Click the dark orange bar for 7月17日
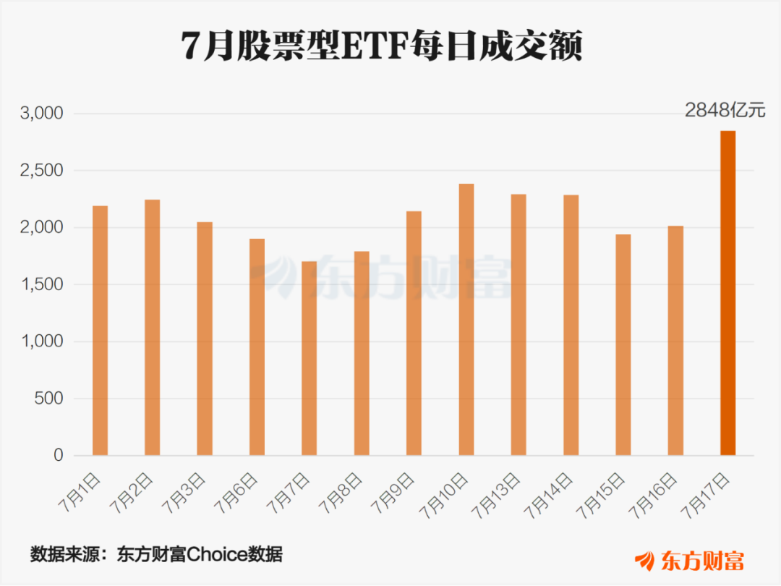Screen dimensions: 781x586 [727, 293]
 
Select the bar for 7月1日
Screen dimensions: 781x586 [100, 331]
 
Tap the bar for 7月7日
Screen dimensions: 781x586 [310, 358]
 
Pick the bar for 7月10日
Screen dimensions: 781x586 [466, 320]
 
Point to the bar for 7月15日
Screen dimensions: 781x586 [623, 345]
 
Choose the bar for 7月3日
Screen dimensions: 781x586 [205, 339]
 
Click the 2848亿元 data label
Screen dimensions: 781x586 [725, 110]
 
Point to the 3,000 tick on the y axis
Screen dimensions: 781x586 [42, 114]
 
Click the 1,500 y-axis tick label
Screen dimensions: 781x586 [42, 284]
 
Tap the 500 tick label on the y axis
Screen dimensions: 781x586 [49, 398]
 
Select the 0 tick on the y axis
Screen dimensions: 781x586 [59, 455]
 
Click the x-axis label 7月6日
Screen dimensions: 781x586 [236, 493]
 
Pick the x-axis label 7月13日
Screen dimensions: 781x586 [495, 496]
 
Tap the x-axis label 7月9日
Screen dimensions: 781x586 [393, 493]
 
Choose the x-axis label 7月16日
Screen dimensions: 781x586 [652, 496]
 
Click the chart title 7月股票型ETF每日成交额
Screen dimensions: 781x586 [382, 46]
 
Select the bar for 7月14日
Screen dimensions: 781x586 [571, 325]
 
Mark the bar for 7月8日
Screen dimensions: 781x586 [362, 353]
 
